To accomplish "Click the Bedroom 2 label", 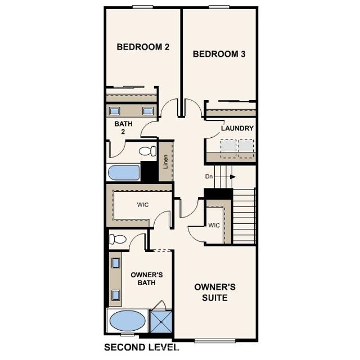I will pyautogui.click(x=143, y=47).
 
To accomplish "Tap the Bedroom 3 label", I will pyautogui.click(x=219, y=54).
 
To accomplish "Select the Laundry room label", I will pyautogui.click(x=237, y=128).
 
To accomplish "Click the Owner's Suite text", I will pyautogui.click(x=214, y=292).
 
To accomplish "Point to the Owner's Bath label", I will pyautogui.click(x=146, y=278).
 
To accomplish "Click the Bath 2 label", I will pyautogui.click(x=123, y=128).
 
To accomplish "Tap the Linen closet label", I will pyautogui.click(x=165, y=161).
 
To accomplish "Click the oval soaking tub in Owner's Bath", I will pyautogui.click(x=127, y=322).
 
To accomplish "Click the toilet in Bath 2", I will pyautogui.click(x=147, y=151).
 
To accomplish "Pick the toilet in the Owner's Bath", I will pyautogui.click(x=118, y=238).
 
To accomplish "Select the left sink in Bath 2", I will pyautogui.click(x=114, y=111).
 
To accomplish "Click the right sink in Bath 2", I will pyautogui.click(x=148, y=111).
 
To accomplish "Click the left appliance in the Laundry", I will pyautogui.click(x=228, y=146).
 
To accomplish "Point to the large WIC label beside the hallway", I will pyautogui.click(x=143, y=205).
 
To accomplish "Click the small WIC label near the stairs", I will pyautogui.click(x=213, y=226).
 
